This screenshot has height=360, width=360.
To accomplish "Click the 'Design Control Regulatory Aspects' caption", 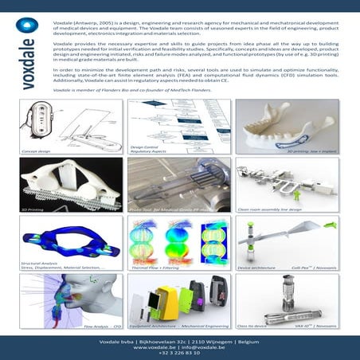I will (x=143, y=150).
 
